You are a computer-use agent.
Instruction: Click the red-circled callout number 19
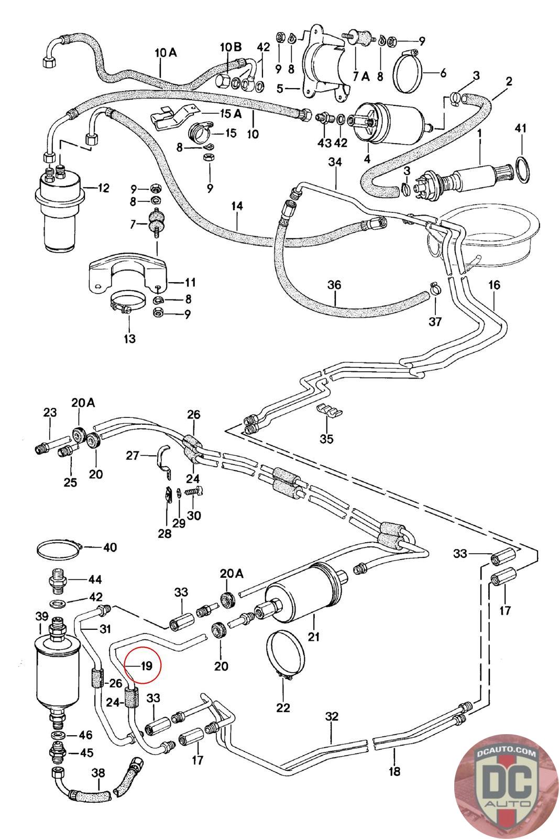pos(146,666)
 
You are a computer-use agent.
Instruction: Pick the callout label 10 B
pos(231,47)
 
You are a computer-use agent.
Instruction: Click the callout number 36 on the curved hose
pos(334,285)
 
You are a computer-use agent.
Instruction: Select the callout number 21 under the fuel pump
pos(313,637)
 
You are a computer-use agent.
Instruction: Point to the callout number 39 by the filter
pos(41,616)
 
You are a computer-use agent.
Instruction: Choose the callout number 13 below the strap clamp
pos(129,339)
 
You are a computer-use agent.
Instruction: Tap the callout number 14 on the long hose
pos(237,206)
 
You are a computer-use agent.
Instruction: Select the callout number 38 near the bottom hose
pos(98,773)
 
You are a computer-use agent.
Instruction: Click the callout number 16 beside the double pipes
pos(494,285)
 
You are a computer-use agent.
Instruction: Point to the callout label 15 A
pos(231,114)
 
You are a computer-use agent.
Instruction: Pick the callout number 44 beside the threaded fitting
pos(95,579)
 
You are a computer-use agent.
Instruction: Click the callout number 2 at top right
pos(509,81)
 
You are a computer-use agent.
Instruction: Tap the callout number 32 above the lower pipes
pos(332,716)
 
